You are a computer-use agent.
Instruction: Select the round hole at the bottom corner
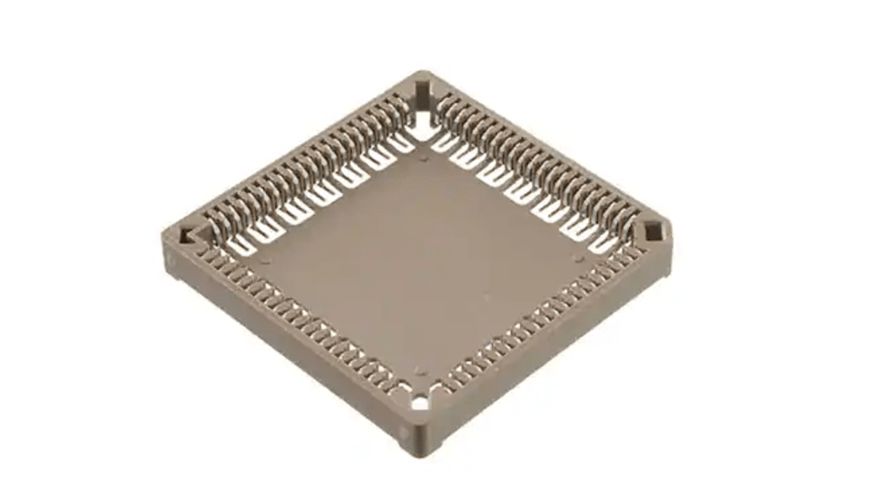(421, 403)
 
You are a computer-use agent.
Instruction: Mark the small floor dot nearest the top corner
(425, 159)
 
